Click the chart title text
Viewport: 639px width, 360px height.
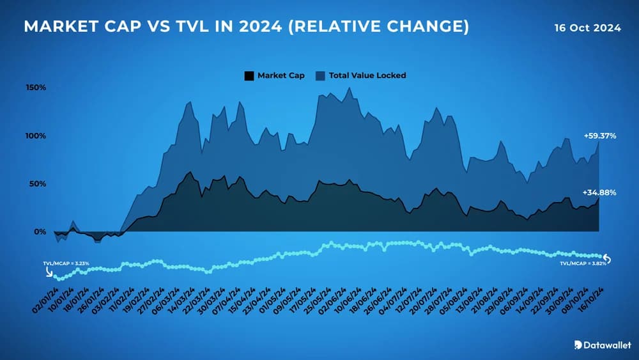pos(246,27)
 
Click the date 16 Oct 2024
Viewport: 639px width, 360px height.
pos(588,28)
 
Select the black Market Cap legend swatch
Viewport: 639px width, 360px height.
pos(249,75)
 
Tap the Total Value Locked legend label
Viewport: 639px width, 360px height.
pos(367,75)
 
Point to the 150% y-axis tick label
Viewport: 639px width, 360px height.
pos(36,87)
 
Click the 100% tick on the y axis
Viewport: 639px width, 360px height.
pos(36,136)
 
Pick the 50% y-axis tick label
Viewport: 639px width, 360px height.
pos(37,184)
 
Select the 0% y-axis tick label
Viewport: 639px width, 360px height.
pos(39,231)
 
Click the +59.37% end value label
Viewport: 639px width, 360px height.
pos(599,136)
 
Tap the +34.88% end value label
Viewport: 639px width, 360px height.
pos(599,192)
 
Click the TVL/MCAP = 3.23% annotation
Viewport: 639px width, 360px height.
pos(66,263)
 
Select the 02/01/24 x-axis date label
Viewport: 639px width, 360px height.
pos(45,299)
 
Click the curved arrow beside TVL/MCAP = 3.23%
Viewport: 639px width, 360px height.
pos(50,271)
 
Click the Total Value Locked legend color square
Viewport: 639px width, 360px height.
pos(320,75)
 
